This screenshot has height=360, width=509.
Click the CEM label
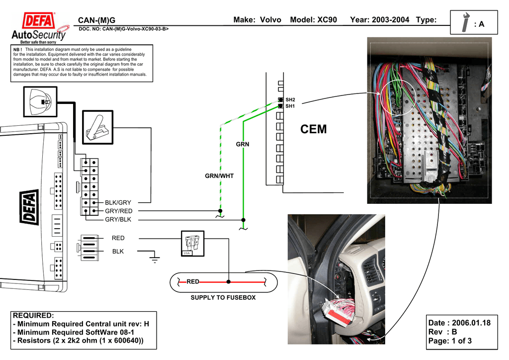(314, 129)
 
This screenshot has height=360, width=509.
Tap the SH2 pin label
(290, 100)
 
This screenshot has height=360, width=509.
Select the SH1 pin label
(290, 106)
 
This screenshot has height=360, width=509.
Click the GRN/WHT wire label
(219, 176)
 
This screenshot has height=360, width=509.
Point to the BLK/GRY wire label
(118, 203)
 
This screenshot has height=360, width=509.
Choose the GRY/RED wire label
(118, 211)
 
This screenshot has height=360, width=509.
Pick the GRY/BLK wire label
(118, 219)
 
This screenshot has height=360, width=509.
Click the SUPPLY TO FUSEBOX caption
(223, 298)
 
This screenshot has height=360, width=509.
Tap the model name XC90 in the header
(327, 20)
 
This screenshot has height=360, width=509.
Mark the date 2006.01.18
(471, 323)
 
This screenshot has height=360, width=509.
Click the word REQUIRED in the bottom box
(33, 316)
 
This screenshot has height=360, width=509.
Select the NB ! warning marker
(18, 50)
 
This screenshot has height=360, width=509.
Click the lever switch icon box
(98, 128)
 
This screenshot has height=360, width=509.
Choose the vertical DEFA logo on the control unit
(29, 214)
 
